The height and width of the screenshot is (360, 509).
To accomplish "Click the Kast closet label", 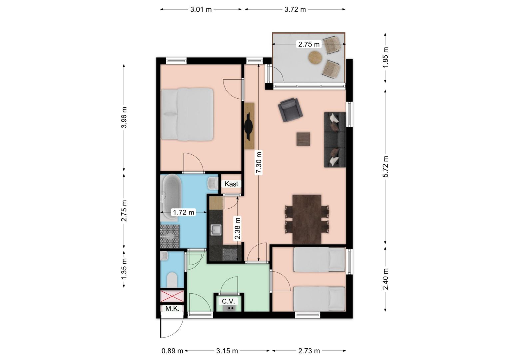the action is click(231, 184).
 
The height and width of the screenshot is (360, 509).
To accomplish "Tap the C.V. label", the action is click(228, 301).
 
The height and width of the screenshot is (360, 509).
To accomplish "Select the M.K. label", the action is click(172, 309).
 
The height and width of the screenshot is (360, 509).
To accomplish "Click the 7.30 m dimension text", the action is click(259, 162).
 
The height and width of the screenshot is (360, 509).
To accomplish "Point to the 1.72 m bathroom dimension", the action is click(183, 212).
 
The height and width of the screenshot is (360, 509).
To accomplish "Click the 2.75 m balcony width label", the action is click(308, 44).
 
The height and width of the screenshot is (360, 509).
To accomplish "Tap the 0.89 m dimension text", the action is click(172, 351).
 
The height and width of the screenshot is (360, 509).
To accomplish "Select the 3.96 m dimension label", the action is click(124, 118).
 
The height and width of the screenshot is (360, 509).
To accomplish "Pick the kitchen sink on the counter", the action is click(216, 230).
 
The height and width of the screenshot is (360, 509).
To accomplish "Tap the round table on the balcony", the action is click(315, 58).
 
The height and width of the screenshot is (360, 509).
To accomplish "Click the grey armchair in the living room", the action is click(290, 110).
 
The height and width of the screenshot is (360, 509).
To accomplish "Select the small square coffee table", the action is click(303, 139).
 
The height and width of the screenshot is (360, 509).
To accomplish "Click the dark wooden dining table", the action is click(307, 219).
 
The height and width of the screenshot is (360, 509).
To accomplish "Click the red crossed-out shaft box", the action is click(172, 296).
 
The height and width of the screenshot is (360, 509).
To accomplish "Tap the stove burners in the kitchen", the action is click(230, 255).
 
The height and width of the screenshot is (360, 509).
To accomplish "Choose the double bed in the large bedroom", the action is click(187, 114).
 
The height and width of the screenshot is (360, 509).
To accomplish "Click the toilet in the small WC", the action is click(172, 280).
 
